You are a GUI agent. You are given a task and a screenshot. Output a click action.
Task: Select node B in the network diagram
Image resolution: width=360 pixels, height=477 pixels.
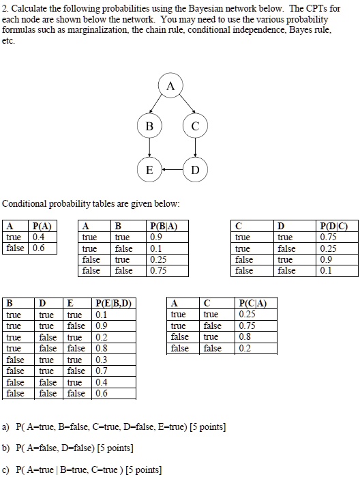pyautogui.click(x=149, y=127)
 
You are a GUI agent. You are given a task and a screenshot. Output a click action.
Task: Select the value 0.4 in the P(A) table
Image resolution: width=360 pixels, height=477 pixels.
pyautogui.click(x=39, y=237)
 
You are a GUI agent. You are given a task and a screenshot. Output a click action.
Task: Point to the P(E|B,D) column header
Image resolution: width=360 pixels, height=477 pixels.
pyautogui.click(x=112, y=304)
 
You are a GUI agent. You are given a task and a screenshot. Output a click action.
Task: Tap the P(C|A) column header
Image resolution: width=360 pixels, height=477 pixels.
pyautogui.click(x=253, y=304)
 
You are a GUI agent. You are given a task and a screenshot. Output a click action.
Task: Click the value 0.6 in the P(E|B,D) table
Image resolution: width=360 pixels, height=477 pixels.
pyautogui.click(x=102, y=393)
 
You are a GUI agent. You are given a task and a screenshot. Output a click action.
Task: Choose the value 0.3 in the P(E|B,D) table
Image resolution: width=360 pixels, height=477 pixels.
pyautogui.click(x=102, y=360)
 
